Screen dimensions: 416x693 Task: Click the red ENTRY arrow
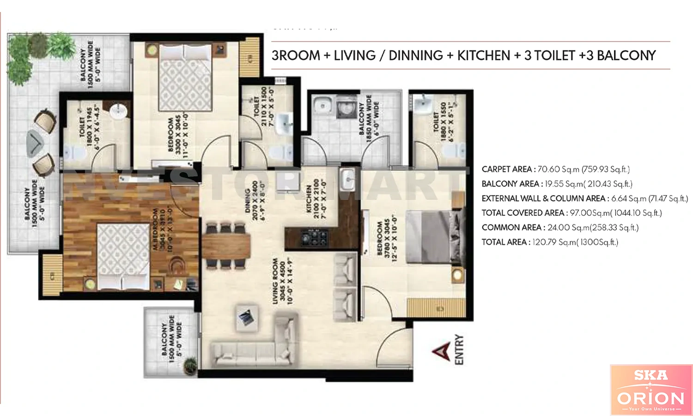click(x=442, y=352)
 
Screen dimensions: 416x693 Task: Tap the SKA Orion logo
click(x=651, y=390)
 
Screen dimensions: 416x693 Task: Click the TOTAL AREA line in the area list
click(x=549, y=242)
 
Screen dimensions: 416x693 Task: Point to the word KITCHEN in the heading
click(x=483, y=55)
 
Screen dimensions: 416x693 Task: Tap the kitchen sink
click(x=346, y=179)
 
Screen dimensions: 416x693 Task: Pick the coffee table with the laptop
click(x=246, y=317)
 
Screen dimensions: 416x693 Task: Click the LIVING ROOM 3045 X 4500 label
click(x=282, y=281)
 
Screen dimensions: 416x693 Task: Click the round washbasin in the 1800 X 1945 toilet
click(x=118, y=111)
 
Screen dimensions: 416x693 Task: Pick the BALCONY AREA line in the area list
click(x=557, y=184)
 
